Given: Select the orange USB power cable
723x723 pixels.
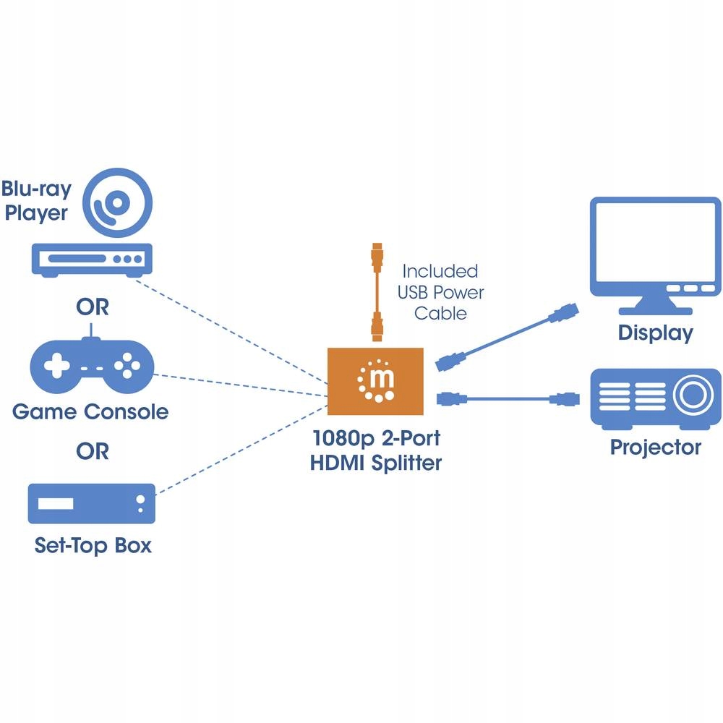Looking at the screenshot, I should tap(375, 294).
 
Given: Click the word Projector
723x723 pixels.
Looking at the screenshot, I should tap(655, 447).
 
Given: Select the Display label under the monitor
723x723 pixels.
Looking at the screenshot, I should tap(655, 333).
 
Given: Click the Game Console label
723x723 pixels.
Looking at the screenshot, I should tap(90, 412).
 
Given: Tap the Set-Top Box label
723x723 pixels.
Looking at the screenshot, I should tap(93, 545).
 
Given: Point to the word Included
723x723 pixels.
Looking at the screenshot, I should tap(440, 271).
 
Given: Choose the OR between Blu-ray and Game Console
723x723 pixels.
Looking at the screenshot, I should tap(93, 307).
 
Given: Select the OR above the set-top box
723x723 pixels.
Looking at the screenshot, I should tap(93, 452).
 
